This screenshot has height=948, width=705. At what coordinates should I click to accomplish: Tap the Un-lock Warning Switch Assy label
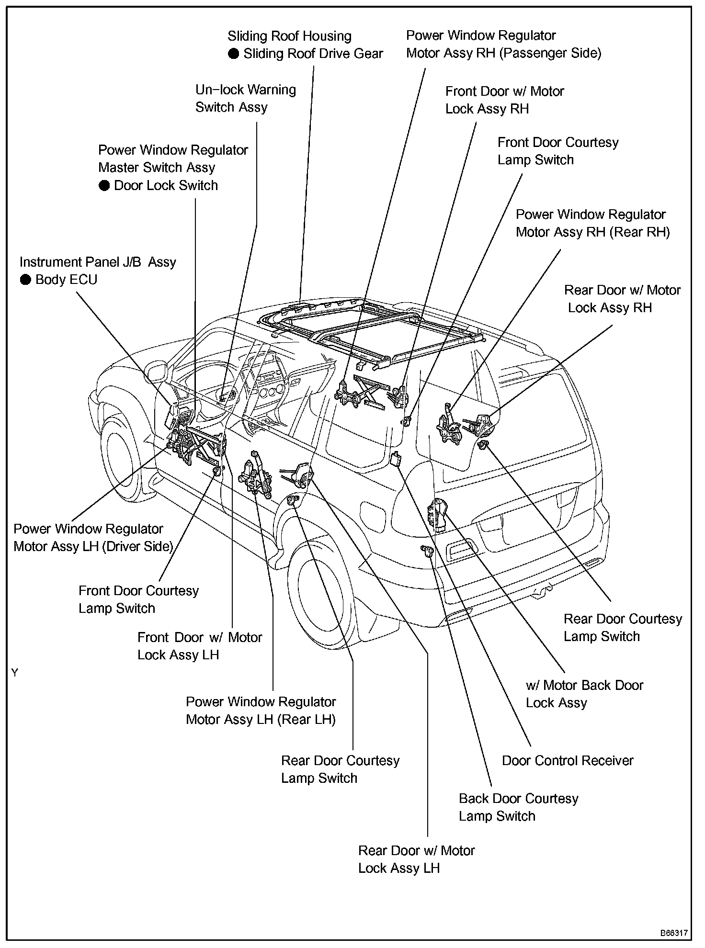click(245, 98)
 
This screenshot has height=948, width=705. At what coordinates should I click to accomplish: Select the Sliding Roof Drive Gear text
click(313, 53)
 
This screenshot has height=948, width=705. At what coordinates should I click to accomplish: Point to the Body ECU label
click(66, 279)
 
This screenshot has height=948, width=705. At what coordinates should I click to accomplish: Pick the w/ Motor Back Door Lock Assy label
click(584, 694)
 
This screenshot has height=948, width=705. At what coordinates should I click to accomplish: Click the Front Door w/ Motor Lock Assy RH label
click(504, 100)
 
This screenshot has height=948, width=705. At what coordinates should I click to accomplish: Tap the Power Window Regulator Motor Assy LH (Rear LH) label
click(261, 711)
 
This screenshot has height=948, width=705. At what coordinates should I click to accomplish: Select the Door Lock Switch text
click(166, 185)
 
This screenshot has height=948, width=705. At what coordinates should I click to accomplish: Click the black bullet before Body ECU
click(25, 280)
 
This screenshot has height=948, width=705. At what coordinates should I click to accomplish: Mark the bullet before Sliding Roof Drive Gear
click(233, 54)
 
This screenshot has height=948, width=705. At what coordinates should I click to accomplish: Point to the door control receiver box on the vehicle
click(396, 459)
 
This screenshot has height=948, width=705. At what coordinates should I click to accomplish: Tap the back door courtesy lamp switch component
click(426, 550)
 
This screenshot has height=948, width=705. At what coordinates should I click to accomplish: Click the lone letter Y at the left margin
click(15, 673)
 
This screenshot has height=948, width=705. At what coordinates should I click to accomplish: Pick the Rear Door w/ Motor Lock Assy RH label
click(622, 299)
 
